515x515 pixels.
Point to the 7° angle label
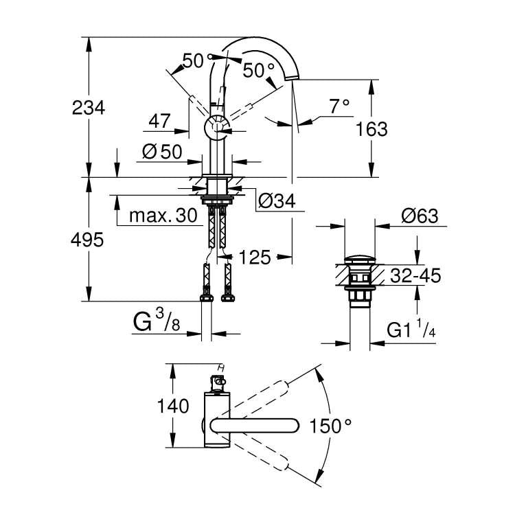pyautogui.click(x=339, y=106)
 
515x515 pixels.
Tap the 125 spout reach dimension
pyautogui.click(x=255, y=257)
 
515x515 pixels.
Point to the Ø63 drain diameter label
pyautogui.click(x=420, y=216)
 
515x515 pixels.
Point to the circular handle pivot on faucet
pyautogui.click(x=218, y=127)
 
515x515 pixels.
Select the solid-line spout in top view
pyautogui.click(x=254, y=426)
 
